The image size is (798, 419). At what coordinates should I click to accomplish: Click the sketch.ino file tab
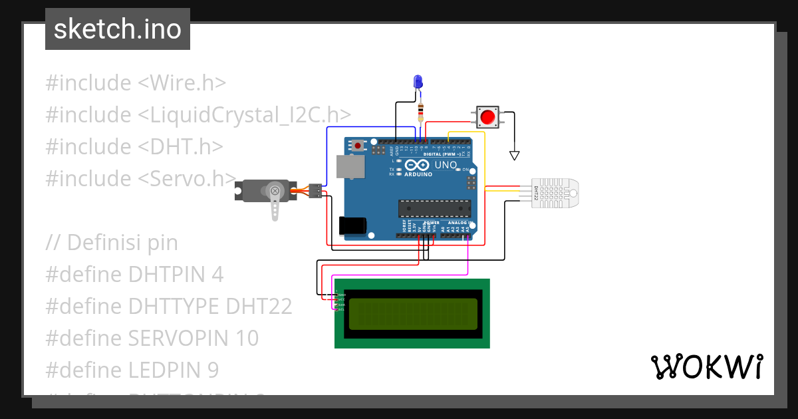click(x=118, y=29)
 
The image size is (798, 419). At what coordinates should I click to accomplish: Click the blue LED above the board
click(x=418, y=82)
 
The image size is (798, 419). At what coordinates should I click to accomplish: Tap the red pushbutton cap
click(x=487, y=117)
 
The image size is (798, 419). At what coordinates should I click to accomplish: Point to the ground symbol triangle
click(x=513, y=156)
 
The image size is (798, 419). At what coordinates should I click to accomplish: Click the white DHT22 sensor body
click(x=555, y=193)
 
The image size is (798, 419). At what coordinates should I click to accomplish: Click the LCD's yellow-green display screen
click(x=412, y=313)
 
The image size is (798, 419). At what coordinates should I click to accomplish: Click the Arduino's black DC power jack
click(x=352, y=225)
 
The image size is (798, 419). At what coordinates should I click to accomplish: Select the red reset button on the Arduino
click(x=358, y=144)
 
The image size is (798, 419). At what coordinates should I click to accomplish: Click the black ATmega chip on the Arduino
click(x=432, y=208)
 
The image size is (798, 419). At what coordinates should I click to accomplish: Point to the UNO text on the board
click(x=446, y=165)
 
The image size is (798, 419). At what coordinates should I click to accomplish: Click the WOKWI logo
click(x=706, y=366)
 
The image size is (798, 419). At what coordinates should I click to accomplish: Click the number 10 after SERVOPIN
click(x=246, y=338)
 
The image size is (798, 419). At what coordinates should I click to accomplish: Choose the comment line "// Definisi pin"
click(x=112, y=242)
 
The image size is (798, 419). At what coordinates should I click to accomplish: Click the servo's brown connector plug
click(x=317, y=191)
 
